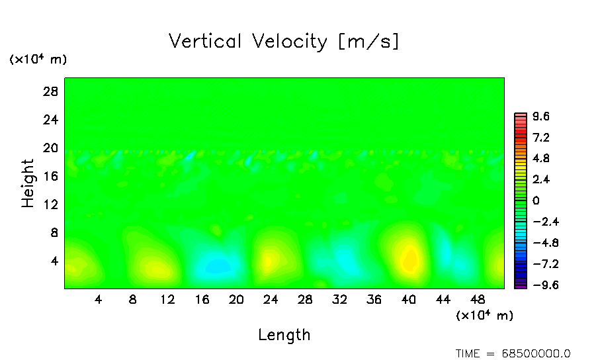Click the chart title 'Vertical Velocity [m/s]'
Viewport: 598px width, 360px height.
[x=284, y=42]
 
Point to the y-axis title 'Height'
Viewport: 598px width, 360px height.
[x=28, y=183]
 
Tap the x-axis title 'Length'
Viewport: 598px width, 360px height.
[x=284, y=335]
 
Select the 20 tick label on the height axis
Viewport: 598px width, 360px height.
[x=52, y=148]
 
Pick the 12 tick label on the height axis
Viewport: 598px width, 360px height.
[x=52, y=204]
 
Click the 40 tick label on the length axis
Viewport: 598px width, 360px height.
[x=408, y=299]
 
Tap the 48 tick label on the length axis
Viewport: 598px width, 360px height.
[x=477, y=299]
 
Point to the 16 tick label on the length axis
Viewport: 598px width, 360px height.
[x=202, y=299]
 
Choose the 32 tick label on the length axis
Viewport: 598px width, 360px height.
[x=339, y=299]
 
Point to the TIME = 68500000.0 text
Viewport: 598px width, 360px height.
[x=513, y=353]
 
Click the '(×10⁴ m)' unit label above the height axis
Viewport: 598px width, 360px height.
[x=38, y=60]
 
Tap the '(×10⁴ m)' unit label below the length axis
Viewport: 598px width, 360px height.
[x=484, y=316]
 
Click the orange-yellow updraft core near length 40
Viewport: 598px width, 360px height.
[x=410, y=258]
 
